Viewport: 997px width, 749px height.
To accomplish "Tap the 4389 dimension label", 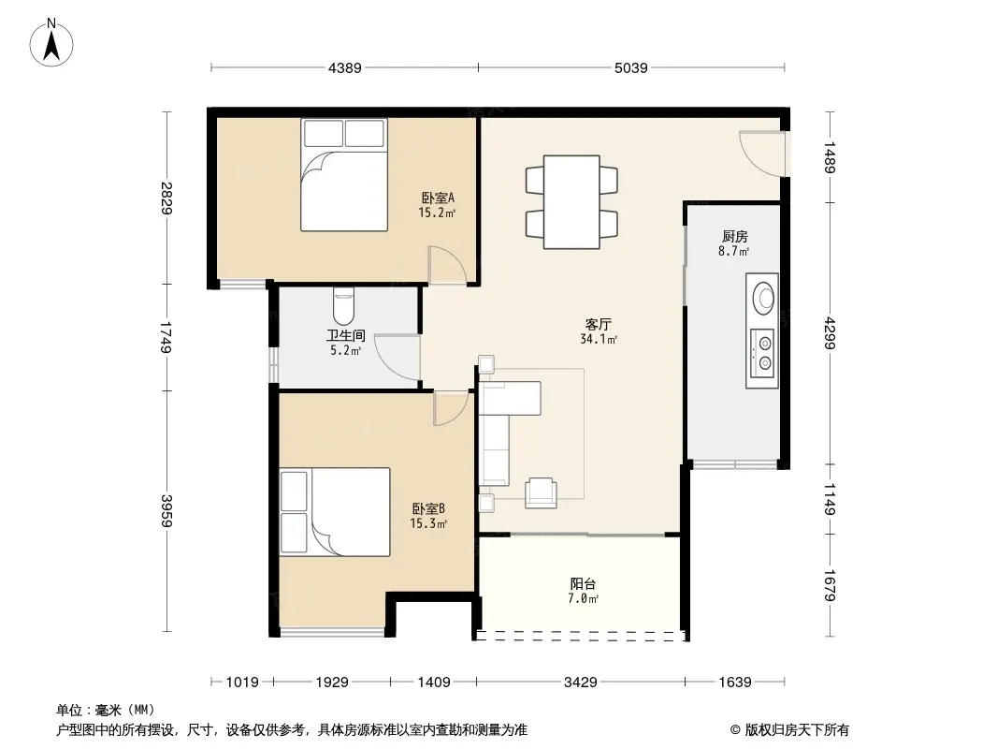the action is pyautogui.click(x=344, y=67).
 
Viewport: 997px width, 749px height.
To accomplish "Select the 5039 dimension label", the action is pyautogui.click(x=630, y=67).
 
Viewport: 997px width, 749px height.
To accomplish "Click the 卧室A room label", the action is pyautogui.click(x=438, y=198).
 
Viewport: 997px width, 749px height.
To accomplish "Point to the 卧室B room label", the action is pyautogui.click(x=428, y=508).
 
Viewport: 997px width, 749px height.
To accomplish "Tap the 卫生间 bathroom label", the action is pyautogui.click(x=346, y=335).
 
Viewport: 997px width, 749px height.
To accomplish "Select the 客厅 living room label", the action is pyautogui.click(x=599, y=325).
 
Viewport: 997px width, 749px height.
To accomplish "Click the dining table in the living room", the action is pyautogui.click(x=571, y=201).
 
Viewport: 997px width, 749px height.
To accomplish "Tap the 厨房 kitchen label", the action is pyautogui.click(x=734, y=237).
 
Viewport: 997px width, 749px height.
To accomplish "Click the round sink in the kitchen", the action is pyautogui.click(x=763, y=297).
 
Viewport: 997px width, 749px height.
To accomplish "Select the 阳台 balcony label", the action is pyautogui.click(x=583, y=583).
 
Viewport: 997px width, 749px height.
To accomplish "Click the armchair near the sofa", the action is pyautogui.click(x=542, y=492).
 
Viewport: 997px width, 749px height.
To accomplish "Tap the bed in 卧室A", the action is pyautogui.click(x=344, y=175).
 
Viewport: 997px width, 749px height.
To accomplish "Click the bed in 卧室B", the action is pyautogui.click(x=335, y=512).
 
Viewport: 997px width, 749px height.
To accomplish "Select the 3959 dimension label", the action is pyautogui.click(x=166, y=510).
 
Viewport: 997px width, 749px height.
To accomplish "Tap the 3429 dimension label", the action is pyautogui.click(x=581, y=683).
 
